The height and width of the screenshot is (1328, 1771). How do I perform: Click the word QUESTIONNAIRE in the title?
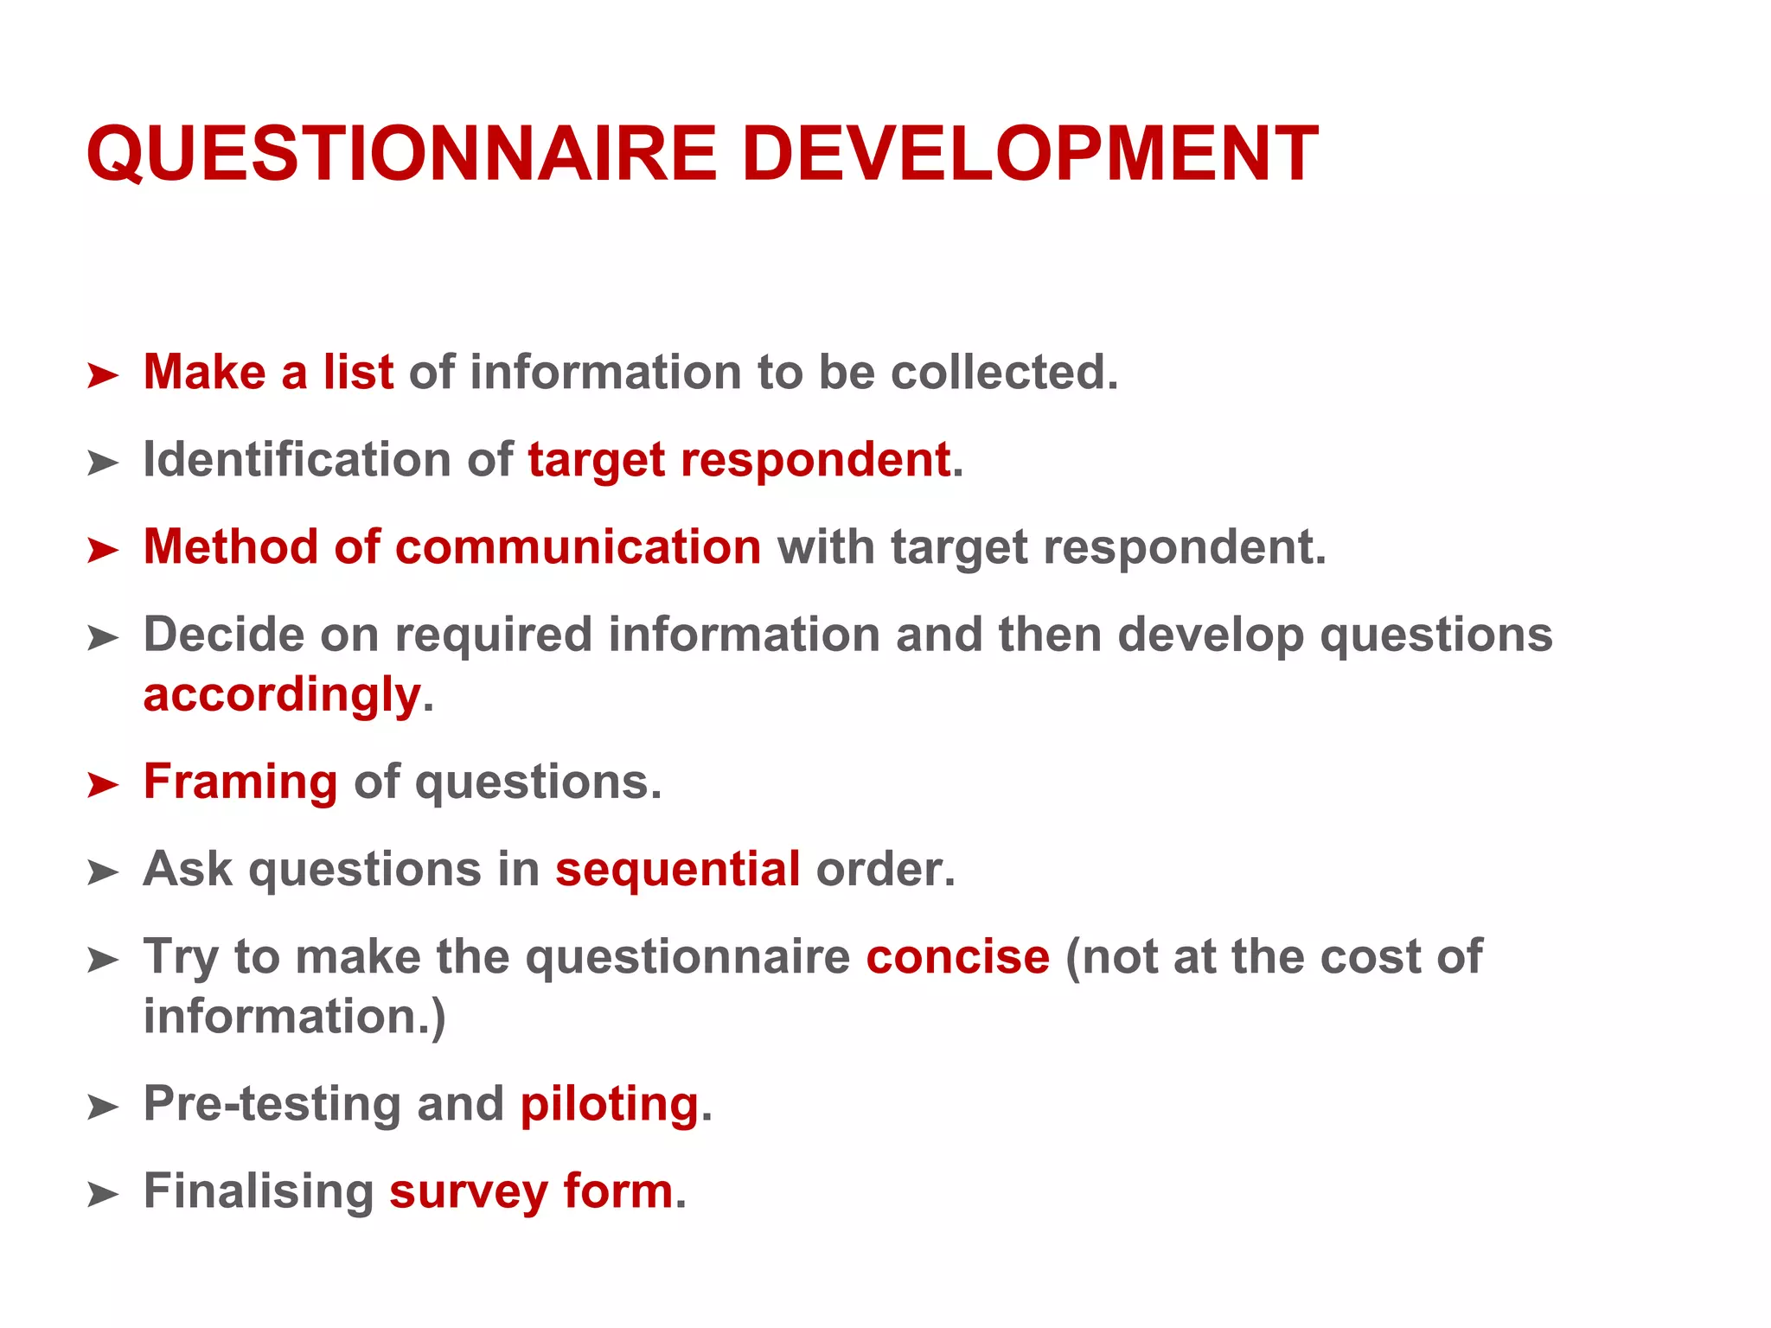pyautogui.click(x=401, y=154)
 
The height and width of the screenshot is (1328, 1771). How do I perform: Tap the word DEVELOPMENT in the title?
pyautogui.click(x=1029, y=154)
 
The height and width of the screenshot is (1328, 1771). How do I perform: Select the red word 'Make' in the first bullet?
pyautogui.click(x=204, y=373)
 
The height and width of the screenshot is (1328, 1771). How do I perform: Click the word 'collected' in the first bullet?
pyautogui.click(x=1003, y=373)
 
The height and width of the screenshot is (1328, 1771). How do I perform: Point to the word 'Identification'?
pyautogui.click(x=297, y=459)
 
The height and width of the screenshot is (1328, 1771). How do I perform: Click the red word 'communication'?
pyautogui.click(x=578, y=547)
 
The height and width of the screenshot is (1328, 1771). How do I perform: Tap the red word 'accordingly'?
pyautogui.click(x=282, y=695)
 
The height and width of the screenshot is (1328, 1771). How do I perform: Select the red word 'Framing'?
pyautogui.click(x=240, y=782)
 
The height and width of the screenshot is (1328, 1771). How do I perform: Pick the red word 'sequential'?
pyautogui.click(x=677, y=869)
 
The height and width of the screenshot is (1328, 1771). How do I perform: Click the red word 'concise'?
pyautogui.click(x=957, y=957)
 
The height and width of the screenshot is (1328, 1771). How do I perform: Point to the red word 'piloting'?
pyautogui.click(x=609, y=1104)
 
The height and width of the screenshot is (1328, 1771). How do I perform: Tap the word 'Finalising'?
pyautogui.click(x=258, y=1191)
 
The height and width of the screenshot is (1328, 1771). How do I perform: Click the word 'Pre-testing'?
pyautogui.click(x=272, y=1104)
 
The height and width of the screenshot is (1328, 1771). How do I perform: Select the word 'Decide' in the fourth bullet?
pyautogui.click(x=224, y=635)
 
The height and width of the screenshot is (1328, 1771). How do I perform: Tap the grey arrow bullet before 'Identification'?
pyautogui.click(x=103, y=463)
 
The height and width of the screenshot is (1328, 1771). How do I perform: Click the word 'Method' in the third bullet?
pyautogui.click(x=231, y=547)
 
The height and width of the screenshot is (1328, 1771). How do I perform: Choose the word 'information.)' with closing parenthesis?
pyautogui.click(x=294, y=1017)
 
